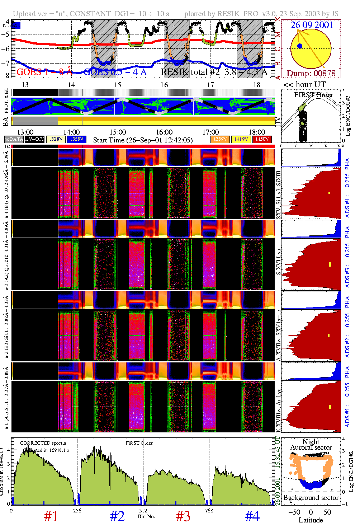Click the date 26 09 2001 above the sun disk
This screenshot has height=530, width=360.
312,25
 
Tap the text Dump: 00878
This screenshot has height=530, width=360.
311,73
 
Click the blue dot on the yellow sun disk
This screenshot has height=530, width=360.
300,46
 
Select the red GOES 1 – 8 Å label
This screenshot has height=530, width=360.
44,72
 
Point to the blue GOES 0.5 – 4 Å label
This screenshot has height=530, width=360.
115,72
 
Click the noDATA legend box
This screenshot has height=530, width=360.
14,139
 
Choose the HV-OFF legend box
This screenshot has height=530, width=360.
35,139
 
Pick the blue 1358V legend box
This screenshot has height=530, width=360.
76,139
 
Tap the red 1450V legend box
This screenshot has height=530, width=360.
262,139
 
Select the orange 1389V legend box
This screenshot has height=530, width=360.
220,139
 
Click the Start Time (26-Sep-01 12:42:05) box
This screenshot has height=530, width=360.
143,140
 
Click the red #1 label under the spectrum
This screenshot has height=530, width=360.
51,516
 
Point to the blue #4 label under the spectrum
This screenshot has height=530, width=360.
252,516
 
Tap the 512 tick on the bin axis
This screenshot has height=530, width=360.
143,511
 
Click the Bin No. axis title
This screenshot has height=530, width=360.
146,516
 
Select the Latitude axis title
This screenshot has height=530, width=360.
311,520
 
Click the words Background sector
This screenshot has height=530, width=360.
311,497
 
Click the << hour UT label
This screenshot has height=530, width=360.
305,85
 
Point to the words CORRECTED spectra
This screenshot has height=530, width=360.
43,443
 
